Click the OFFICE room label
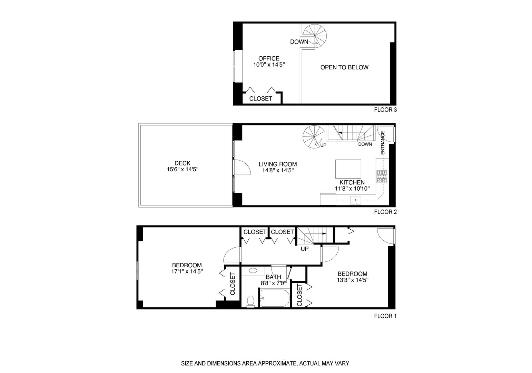point(269,59)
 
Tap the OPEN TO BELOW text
point(344,67)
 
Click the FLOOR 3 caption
point(385,110)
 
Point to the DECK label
point(183,163)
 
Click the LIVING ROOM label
point(278,164)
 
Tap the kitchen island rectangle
point(348,169)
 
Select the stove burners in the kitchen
point(382,176)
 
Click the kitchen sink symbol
point(355,200)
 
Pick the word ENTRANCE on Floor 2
point(383,143)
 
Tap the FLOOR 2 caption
point(385,212)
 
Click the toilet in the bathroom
point(251,301)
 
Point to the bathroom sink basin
point(253,270)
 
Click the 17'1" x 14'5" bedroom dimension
point(187,271)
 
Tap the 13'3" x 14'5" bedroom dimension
point(352,280)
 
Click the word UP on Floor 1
point(305,249)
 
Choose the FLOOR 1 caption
point(385,316)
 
